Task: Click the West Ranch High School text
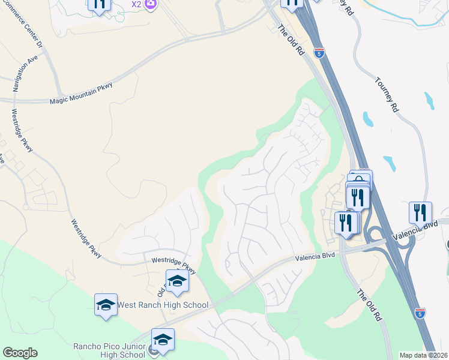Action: [163, 305]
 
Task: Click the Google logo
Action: [20, 353]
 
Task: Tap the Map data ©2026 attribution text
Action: [423, 355]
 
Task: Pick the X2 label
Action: [136, 4]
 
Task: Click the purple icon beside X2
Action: [151, 4]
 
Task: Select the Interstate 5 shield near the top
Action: [319, 53]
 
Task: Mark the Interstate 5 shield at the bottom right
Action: [420, 313]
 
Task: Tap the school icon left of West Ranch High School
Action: [105, 305]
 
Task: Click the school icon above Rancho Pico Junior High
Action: [163, 340]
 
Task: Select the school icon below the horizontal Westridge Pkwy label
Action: [177, 281]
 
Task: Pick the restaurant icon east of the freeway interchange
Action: [420, 212]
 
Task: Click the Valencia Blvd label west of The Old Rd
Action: [315, 257]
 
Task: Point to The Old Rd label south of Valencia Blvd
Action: [370, 305]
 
